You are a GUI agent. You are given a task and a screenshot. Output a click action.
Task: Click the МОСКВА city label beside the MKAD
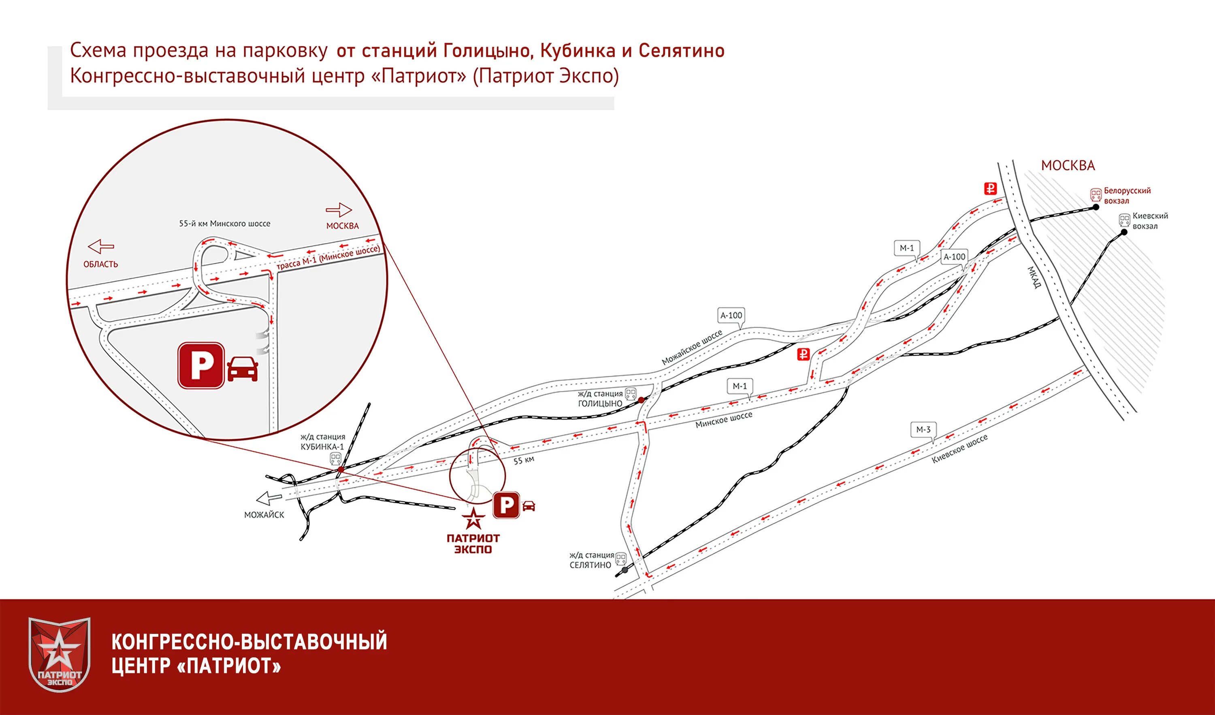[x=1068, y=165]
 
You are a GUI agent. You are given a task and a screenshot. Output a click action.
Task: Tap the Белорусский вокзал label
[x=1127, y=195]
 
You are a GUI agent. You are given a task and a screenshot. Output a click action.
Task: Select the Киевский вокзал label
[x=1150, y=221]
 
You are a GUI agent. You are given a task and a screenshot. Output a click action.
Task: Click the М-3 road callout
[x=923, y=429]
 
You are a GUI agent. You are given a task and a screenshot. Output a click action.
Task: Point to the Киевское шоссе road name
[x=959, y=449]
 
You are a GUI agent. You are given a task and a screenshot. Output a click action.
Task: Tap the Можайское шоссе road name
[x=692, y=347]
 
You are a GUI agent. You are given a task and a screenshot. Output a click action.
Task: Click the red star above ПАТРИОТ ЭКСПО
[x=473, y=519]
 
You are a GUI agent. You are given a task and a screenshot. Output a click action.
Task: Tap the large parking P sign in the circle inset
[x=202, y=365]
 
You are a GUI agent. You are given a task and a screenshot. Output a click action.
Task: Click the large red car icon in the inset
[x=243, y=369]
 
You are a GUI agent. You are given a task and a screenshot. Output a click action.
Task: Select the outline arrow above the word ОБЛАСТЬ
[x=101, y=246]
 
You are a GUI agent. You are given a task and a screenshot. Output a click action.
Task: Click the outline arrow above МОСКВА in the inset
[x=339, y=210]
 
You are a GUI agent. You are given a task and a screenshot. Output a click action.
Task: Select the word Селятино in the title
[x=681, y=51]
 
